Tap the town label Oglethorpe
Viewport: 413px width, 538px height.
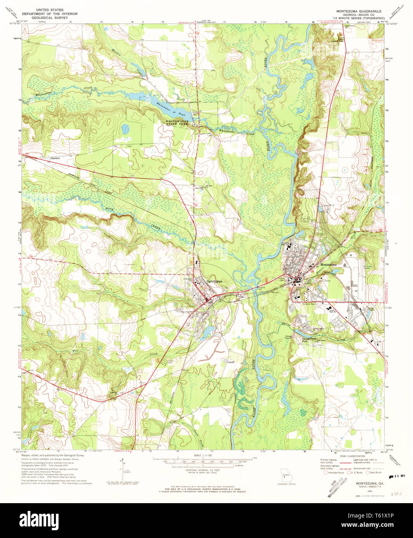click(x=214, y=281)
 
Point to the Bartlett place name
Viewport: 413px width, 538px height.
click(x=55, y=158)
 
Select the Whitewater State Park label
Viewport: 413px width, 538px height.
click(x=177, y=123)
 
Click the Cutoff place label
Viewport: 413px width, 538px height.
click(x=231, y=362)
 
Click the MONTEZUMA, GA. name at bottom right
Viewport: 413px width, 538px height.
click(x=370, y=484)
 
